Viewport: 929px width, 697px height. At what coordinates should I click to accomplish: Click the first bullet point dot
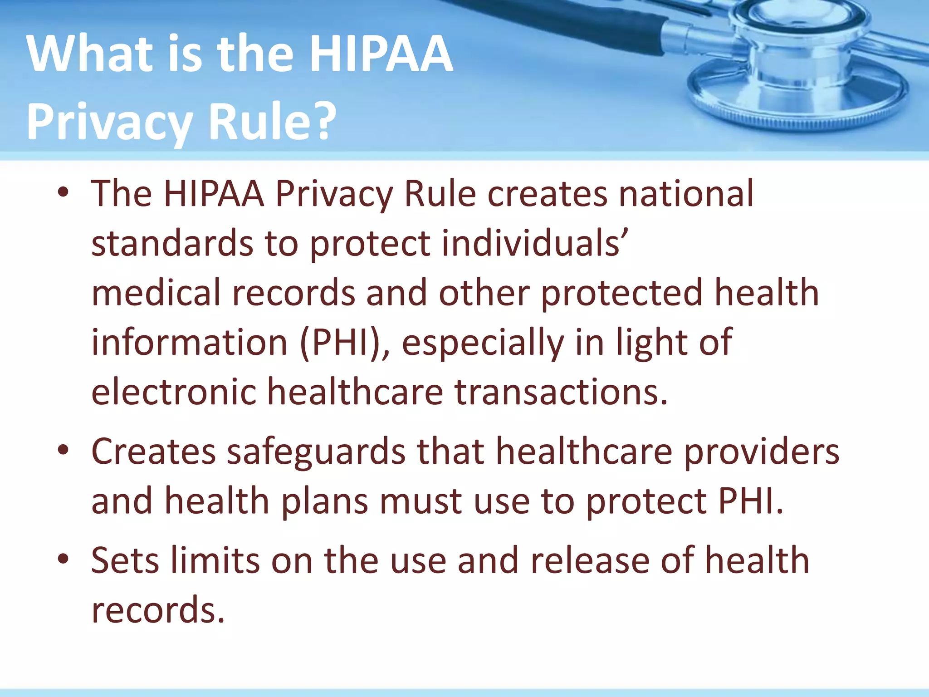click(63, 192)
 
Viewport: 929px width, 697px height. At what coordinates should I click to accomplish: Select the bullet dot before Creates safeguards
click(63, 450)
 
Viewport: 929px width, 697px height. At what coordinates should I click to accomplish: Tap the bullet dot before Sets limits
click(63, 559)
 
